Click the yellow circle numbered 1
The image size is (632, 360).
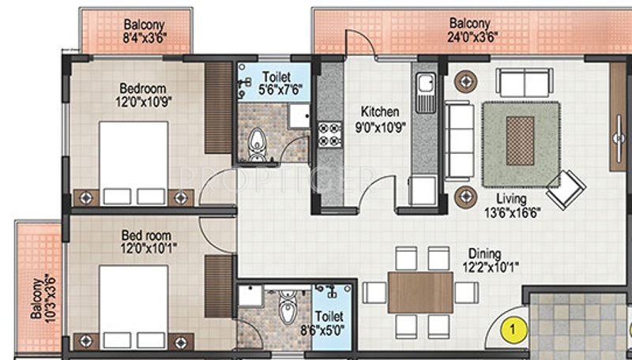513,330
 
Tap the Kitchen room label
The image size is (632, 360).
380,111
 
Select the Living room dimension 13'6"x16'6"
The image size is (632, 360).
513,212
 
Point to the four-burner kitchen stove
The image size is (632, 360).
329,134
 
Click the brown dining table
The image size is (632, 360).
420,292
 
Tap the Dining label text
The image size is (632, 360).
484,253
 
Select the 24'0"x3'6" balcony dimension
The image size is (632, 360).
472,37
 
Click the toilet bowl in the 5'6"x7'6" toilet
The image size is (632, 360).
257,144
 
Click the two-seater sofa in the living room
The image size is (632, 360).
525,83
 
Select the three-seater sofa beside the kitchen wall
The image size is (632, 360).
459,141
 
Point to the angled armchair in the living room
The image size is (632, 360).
566,190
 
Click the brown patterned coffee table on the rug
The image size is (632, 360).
520,141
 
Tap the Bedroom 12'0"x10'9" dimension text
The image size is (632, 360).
144,102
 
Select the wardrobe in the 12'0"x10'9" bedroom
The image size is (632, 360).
218,108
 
